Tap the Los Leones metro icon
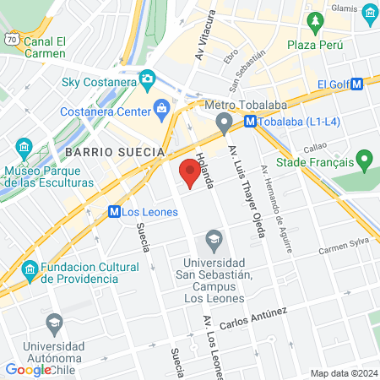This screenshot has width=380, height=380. pyautogui.click(x=114, y=212)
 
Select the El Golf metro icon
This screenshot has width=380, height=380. pyautogui.click(x=357, y=84)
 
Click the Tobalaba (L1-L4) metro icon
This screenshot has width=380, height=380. pyautogui.click(x=250, y=121)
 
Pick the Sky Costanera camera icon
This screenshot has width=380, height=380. pyautogui.click(x=147, y=79)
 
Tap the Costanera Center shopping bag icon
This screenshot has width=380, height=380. pyautogui.click(x=161, y=107)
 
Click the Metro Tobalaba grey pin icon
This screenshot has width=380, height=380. pyautogui.click(x=224, y=124)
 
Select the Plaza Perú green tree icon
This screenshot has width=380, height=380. pyautogui.click(x=315, y=21)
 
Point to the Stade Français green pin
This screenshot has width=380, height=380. pyautogui.click(x=365, y=158)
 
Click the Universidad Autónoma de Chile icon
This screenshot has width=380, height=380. pyautogui.click(x=54, y=323)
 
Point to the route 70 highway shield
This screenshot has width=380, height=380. pyautogui.click(x=10, y=38)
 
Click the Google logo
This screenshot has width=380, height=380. pyautogui.click(x=29, y=369)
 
